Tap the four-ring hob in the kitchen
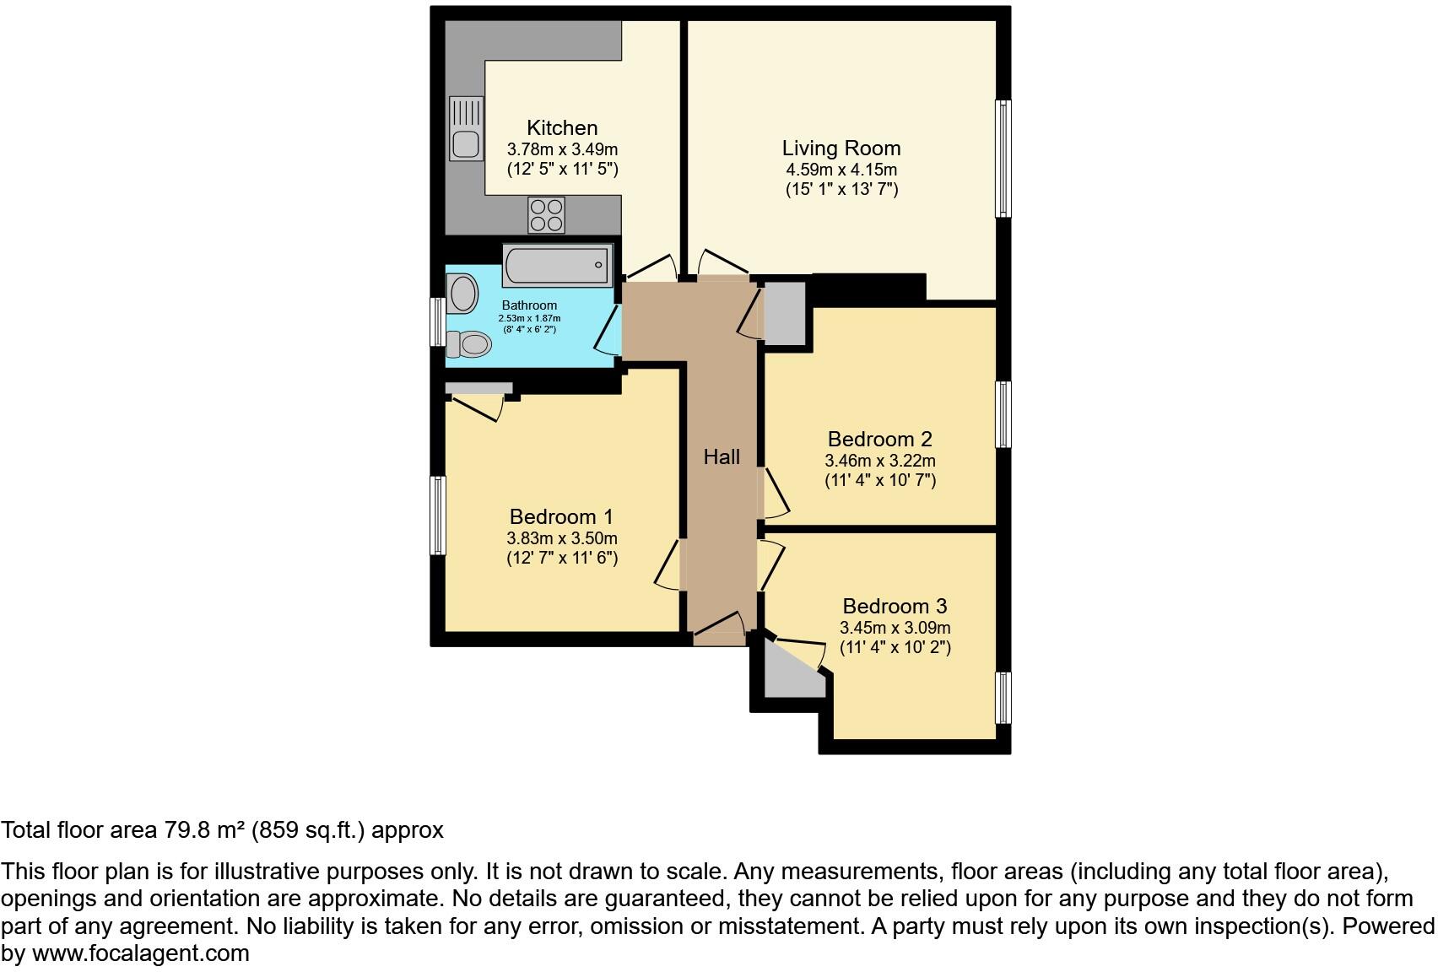click(546, 213)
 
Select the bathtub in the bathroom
click(557, 265)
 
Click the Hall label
click(722, 456)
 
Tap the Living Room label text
click(841, 148)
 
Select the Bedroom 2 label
click(879, 439)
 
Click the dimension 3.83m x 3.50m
click(562, 538)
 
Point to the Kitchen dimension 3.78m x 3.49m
click(562, 149)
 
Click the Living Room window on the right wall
click(1003, 159)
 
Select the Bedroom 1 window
click(438, 515)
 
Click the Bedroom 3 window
click(1003, 697)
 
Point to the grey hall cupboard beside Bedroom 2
click(785, 312)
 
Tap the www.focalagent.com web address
click(141, 953)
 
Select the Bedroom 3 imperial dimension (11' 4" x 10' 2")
click(895, 648)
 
